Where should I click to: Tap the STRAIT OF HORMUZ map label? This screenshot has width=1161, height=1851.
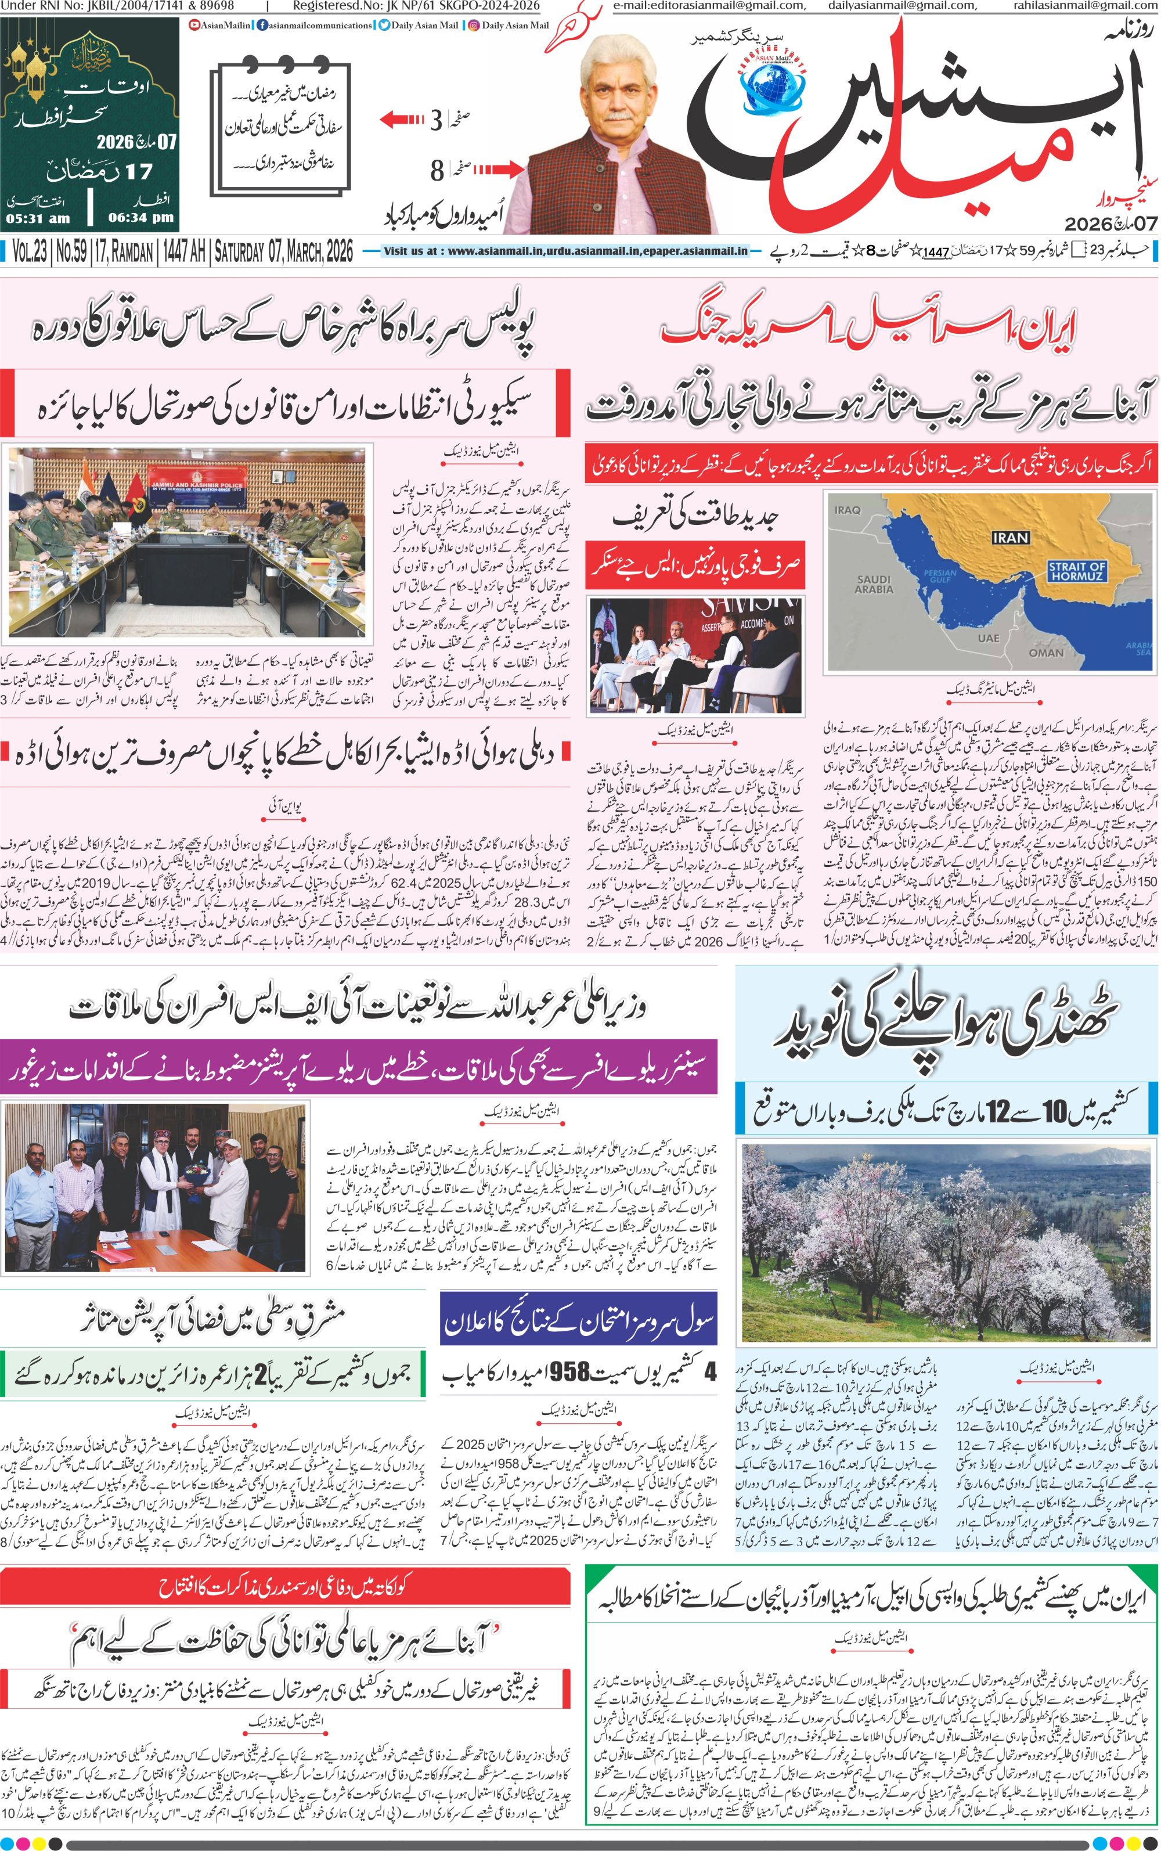pyautogui.click(x=1077, y=570)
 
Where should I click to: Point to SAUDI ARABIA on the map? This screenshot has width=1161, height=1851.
pyautogui.click(x=874, y=584)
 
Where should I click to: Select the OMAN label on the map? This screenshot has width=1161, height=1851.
pyautogui.click(x=1046, y=652)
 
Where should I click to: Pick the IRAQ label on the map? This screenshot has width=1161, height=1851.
pyautogui.click(x=847, y=488)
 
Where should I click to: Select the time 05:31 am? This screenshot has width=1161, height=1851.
pyautogui.click(x=38, y=218)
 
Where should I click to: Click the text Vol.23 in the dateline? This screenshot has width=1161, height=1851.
pyautogui.click(x=29, y=251)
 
